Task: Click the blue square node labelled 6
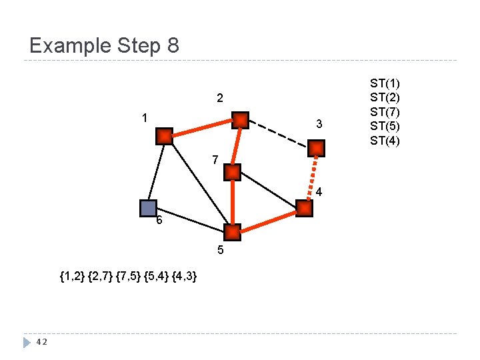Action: click(x=148, y=208)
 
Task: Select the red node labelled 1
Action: click(x=164, y=137)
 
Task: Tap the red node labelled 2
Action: click(x=240, y=120)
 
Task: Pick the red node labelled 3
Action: click(x=317, y=148)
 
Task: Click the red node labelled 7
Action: click(x=232, y=173)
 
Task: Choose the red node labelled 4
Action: click(x=304, y=209)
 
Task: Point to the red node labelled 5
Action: click(x=232, y=233)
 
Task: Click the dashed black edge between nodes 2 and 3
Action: click(x=279, y=134)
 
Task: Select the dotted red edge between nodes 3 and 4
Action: click(x=311, y=178)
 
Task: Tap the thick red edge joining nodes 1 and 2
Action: click(x=202, y=129)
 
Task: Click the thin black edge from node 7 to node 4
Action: click(x=268, y=191)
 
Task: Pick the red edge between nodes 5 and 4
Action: click(x=268, y=221)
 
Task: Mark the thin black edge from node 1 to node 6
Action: click(x=156, y=172)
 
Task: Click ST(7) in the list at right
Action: click(x=385, y=112)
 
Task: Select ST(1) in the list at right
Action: click(x=385, y=84)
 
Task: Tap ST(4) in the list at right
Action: click(x=385, y=140)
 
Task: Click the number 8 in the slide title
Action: click(x=173, y=45)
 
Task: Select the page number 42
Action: click(x=41, y=342)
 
